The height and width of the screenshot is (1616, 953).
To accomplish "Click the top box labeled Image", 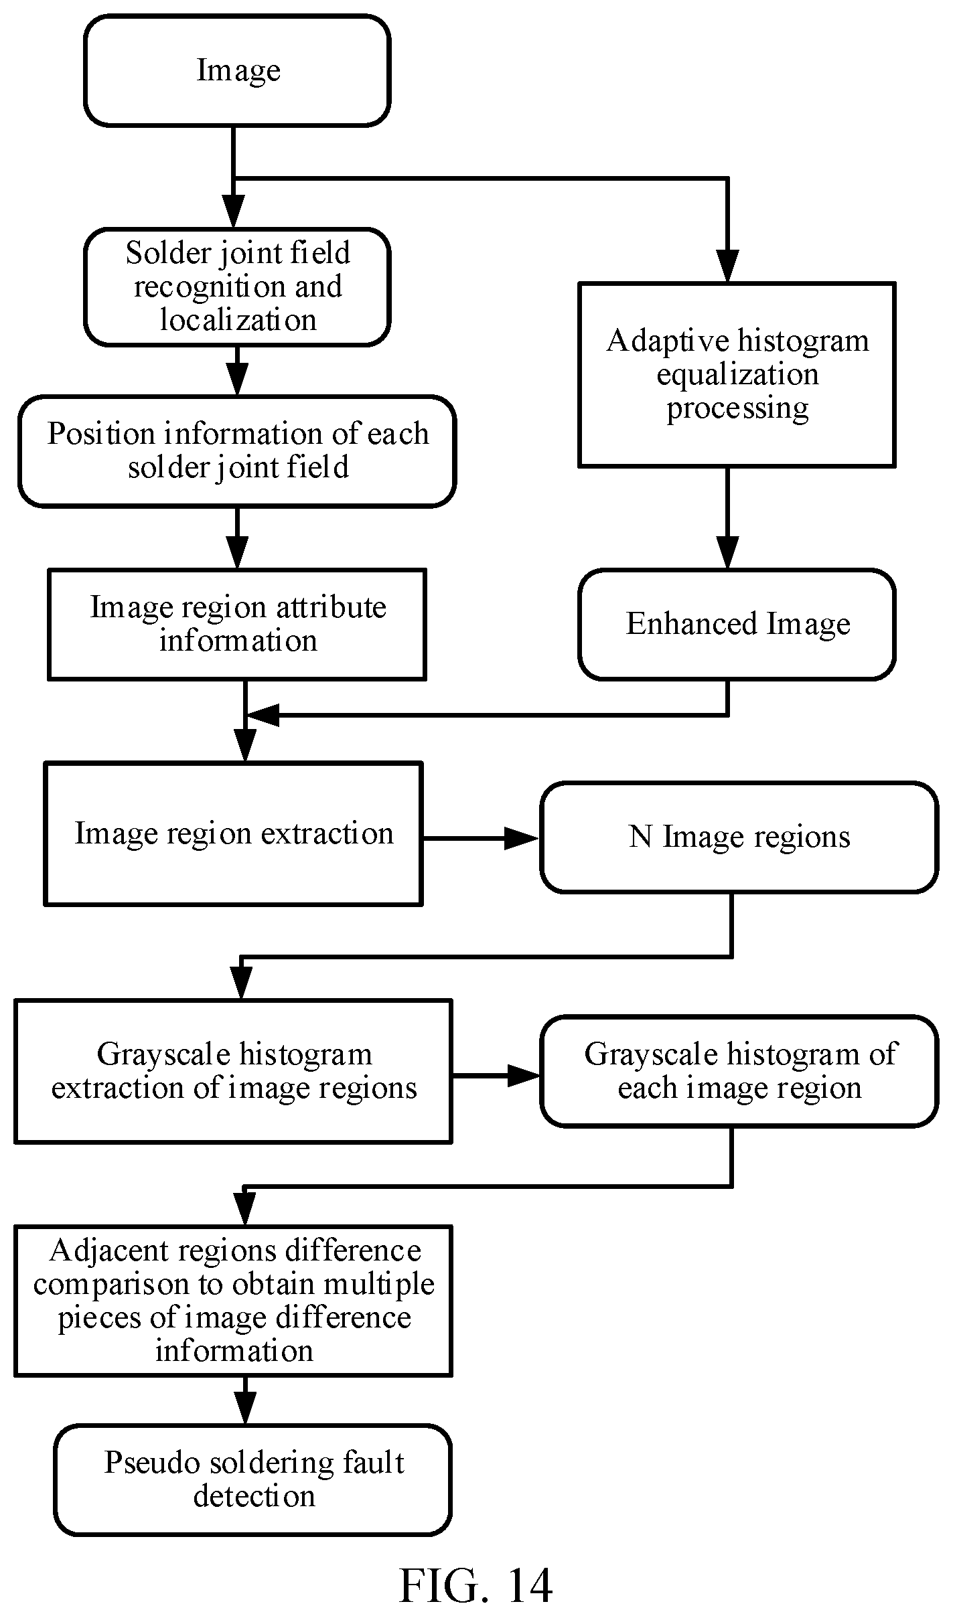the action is coord(237,70).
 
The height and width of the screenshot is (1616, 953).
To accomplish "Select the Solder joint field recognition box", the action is coord(237,287).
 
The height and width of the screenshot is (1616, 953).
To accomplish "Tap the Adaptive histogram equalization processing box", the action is coord(737,374).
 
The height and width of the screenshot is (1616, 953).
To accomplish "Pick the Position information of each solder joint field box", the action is coord(237,451).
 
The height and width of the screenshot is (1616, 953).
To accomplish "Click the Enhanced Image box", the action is coord(737,625).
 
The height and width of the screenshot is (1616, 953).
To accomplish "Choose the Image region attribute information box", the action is coord(237,625).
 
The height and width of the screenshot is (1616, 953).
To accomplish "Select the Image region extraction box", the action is coord(233,833).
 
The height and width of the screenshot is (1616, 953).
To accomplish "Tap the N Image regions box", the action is coord(739,837).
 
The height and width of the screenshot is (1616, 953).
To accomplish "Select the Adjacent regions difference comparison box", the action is coord(233,1301).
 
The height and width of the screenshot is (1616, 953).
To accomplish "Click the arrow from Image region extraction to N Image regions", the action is coord(481,837).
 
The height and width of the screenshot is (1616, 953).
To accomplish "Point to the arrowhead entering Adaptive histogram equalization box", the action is coord(727,266).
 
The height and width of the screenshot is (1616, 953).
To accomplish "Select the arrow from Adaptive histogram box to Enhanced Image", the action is coord(727,518).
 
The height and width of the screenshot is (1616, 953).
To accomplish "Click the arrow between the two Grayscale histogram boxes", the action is coord(496,1076).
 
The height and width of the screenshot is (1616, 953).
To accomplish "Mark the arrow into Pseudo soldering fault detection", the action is coord(245,1400).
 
